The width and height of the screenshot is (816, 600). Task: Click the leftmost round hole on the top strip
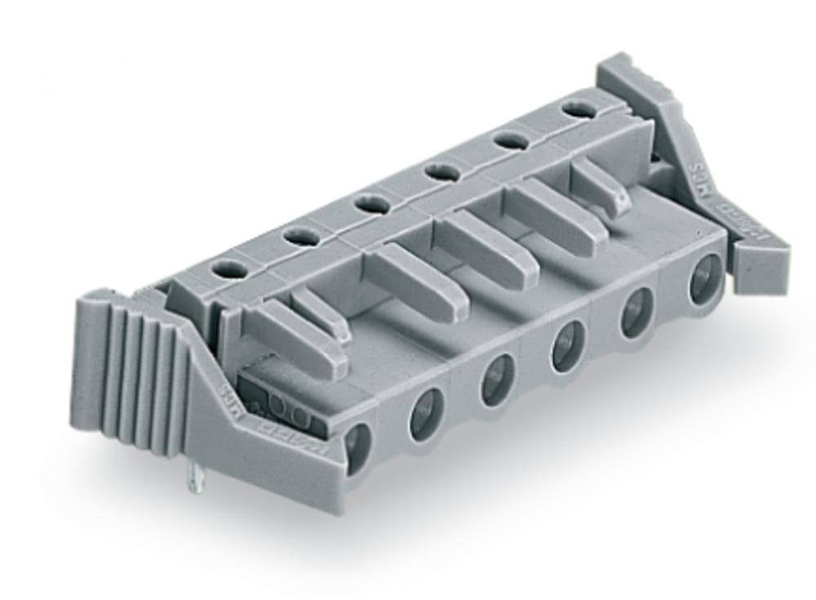point(229,267)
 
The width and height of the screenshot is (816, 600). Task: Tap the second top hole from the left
point(299,235)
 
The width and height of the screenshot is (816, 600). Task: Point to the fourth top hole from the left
point(441,171)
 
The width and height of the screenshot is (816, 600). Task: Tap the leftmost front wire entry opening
point(357,447)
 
